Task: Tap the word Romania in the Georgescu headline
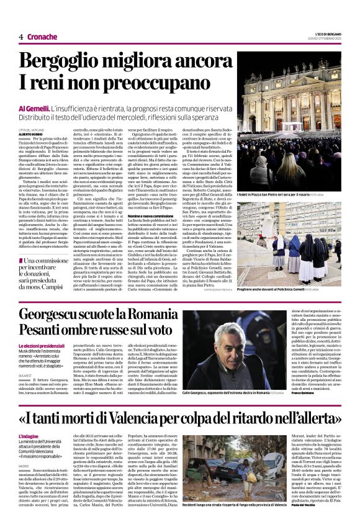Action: pyautogui.click(x=148, y=315)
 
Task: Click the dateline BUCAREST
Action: pyautogui.click(x=27, y=376)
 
